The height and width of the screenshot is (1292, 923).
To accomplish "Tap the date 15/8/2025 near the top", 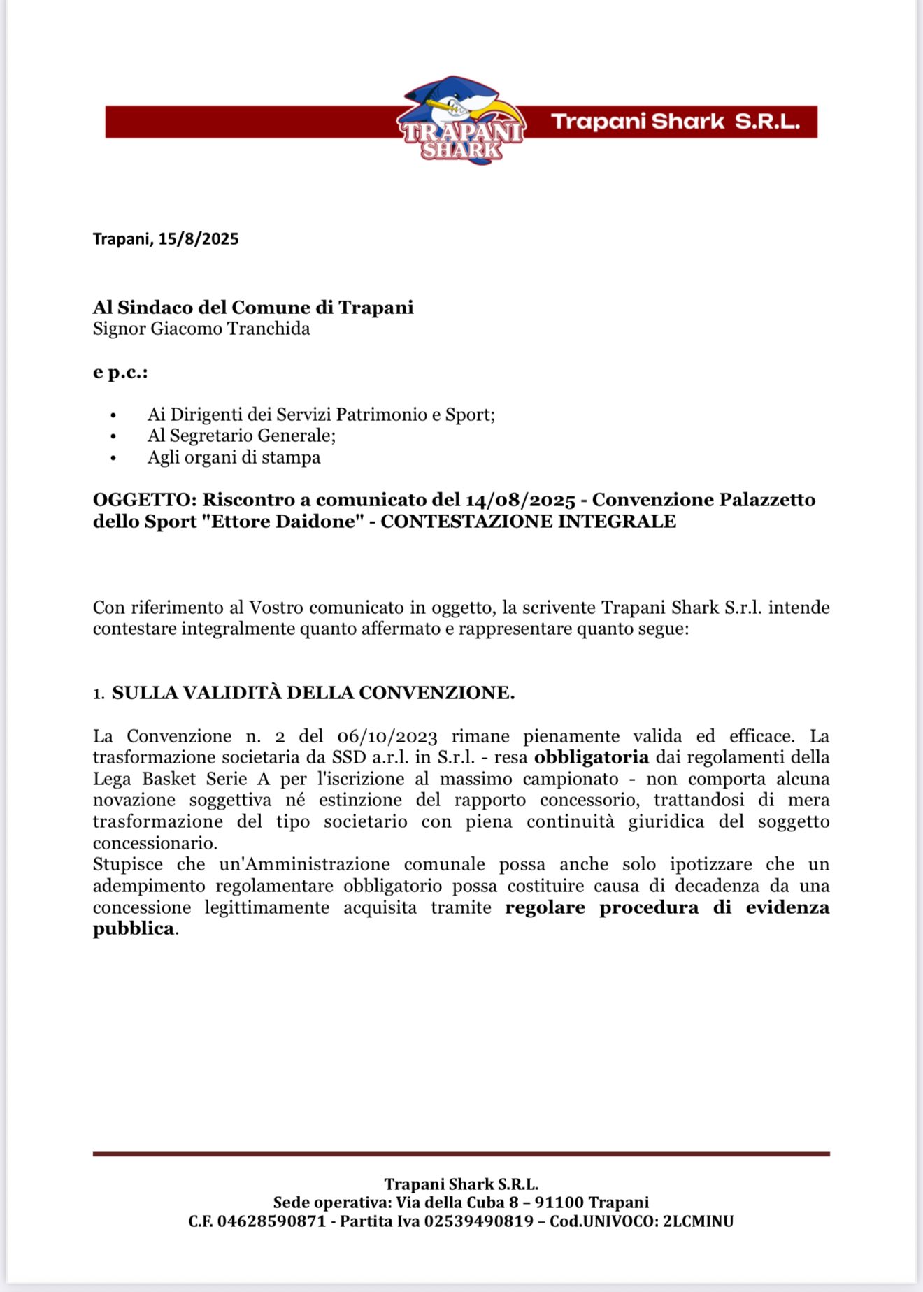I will click(x=199, y=239).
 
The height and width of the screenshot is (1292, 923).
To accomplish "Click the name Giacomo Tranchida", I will click(x=230, y=329).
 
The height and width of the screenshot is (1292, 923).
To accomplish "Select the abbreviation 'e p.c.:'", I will click(x=120, y=372).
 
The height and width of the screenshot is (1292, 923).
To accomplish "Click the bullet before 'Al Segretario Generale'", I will click(x=114, y=436).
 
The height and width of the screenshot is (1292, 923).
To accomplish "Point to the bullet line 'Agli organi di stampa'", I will click(x=234, y=457).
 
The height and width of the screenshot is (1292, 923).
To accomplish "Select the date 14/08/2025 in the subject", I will click(x=520, y=500).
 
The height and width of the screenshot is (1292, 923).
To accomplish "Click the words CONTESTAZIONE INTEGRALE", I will click(x=528, y=522).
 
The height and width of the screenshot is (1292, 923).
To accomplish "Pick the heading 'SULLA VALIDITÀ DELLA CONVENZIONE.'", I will click(x=313, y=693).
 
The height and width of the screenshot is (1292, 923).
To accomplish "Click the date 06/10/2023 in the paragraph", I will click(x=387, y=736).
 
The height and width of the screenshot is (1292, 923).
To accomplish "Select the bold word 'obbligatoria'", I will click(x=591, y=757).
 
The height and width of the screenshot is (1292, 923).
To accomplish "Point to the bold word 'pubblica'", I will click(x=134, y=928).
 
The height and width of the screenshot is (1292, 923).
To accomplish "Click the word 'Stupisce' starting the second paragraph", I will click(x=128, y=864).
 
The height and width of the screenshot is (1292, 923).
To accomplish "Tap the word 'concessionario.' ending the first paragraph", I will click(x=155, y=842).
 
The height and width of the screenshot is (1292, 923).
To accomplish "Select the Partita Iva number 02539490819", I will click(x=478, y=1221).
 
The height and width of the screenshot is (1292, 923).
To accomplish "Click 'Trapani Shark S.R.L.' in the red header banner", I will click(x=675, y=122).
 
